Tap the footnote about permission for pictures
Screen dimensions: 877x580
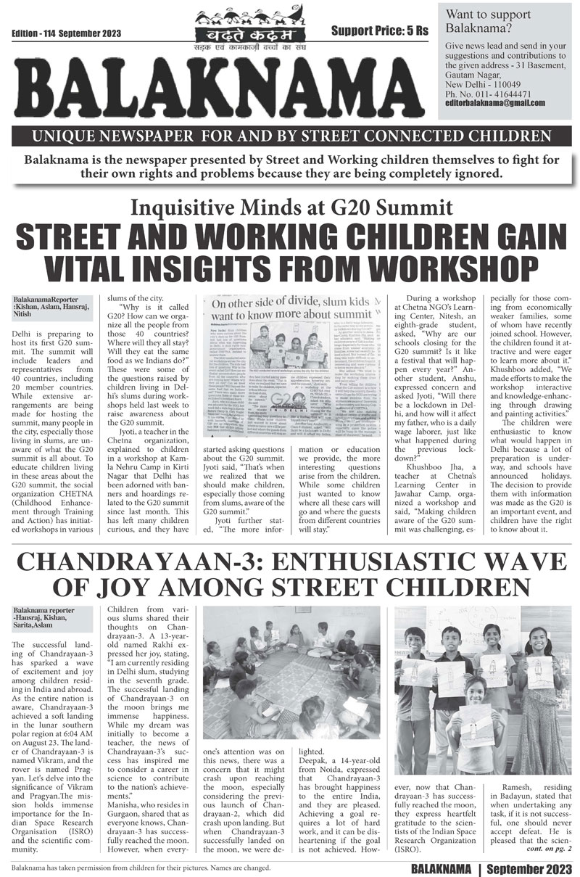141,867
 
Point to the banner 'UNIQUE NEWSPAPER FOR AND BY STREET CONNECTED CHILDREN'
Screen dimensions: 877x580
290,136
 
